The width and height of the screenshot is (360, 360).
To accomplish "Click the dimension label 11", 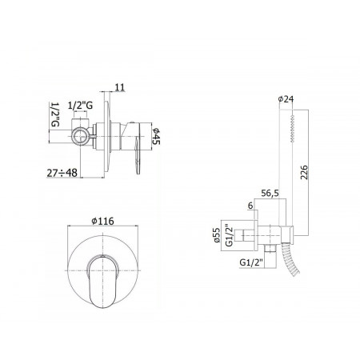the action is click(x=120, y=87).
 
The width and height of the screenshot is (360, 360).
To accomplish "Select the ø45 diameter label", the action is click(x=156, y=136).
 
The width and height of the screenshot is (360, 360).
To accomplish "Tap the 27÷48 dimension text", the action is click(x=62, y=173).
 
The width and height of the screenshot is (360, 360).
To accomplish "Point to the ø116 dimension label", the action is click(x=102, y=221).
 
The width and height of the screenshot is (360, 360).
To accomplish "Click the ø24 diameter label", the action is click(x=286, y=99).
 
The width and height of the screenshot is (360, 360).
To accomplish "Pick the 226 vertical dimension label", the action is click(x=304, y=172).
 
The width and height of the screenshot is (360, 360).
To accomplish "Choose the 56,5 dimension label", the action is click(x=270, y=194).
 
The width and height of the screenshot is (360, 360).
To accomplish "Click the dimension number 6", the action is click(x=250, y=206).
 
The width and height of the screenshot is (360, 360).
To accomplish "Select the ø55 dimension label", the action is click(x=217, y=235).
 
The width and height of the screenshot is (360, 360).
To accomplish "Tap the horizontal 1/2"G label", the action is click(x=81, y=106).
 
